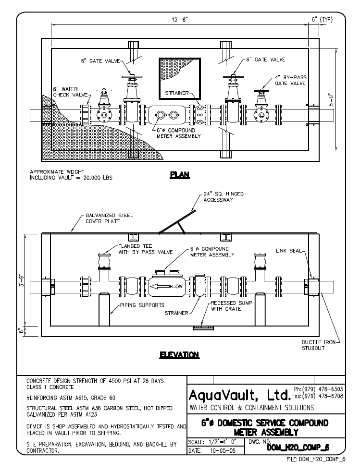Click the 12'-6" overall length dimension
point(180,20)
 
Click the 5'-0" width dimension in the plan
point(331,99)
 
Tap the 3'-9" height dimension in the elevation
point(21,280)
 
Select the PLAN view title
point(180,175)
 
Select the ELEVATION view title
point(180,355)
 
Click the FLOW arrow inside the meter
point(166,286)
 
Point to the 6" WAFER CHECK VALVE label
point(70,92)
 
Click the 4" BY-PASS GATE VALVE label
point(290,80)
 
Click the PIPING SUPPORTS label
point(142,305)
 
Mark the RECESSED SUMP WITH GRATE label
point(231,306)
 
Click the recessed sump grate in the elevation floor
point(203,327)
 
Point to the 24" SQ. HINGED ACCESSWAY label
point(223,197)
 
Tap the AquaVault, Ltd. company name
point(239,395)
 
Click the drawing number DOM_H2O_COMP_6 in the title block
point(298,448)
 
